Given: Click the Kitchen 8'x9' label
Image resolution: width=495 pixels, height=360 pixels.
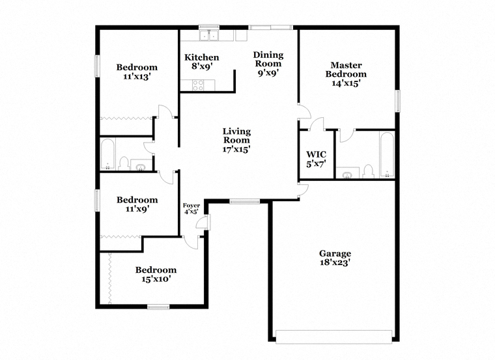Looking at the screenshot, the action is tap(202, 62).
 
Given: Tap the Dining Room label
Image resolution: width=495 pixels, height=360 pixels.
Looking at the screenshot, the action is tap(268, 59).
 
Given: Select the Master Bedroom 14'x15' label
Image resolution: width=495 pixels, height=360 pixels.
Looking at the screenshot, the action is tap(346, 74).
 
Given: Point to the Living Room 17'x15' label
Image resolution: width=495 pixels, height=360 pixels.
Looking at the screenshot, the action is tap(236, 140).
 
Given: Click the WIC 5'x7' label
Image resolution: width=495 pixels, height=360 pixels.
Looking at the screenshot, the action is tap(316, 159).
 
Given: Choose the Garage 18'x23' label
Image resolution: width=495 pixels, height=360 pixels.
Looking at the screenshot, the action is tap(335, 258).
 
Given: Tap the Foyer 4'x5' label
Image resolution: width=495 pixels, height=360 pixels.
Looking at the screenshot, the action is tap(191, 209).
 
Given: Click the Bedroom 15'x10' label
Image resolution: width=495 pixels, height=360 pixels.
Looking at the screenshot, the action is tap(156, 275).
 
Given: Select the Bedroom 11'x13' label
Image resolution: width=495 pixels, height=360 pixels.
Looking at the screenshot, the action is tap(137, 72).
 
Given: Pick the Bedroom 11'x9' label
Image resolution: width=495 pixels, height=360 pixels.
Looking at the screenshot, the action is tap(137, 204).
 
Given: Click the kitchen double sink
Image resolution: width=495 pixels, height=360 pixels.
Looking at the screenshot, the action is tap(209, 36).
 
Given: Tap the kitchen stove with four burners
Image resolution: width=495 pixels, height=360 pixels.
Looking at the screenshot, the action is tap(198, 85).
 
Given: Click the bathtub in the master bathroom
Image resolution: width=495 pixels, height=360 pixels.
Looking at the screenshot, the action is tap(387, 155).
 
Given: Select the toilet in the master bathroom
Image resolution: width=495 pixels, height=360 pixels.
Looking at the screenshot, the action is tap(368, 171).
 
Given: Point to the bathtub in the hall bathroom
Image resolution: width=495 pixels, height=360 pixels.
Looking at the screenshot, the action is tap(107, 154).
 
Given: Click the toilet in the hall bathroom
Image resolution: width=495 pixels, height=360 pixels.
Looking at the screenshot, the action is tap(124, 163).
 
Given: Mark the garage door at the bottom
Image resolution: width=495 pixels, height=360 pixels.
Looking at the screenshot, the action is tap(333, 337).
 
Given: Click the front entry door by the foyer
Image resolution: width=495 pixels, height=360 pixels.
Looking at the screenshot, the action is tap(204, 223).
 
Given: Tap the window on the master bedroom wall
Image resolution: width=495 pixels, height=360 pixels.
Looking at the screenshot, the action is tap(397, 101).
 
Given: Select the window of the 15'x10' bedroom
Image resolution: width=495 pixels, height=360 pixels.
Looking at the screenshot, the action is tap(158, 307).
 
